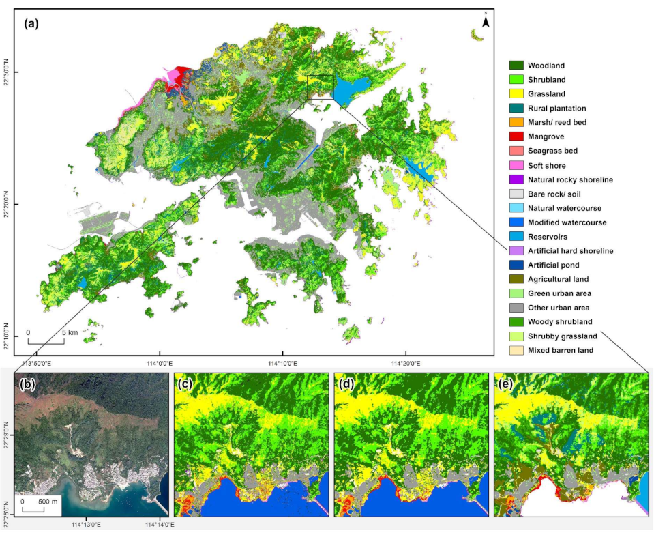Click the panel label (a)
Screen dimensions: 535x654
[x=32, y=23]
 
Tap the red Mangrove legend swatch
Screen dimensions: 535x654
[x=516, y=136]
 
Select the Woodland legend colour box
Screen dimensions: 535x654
[x=516, y=66]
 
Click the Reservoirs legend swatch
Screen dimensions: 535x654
[x=516, y=236]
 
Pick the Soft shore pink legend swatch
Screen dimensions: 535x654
[x=516, y=165]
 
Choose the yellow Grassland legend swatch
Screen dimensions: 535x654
[x=516, y=94]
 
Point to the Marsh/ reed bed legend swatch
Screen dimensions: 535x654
[x=516, y=122]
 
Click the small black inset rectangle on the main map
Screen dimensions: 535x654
[x=320, y=87]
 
